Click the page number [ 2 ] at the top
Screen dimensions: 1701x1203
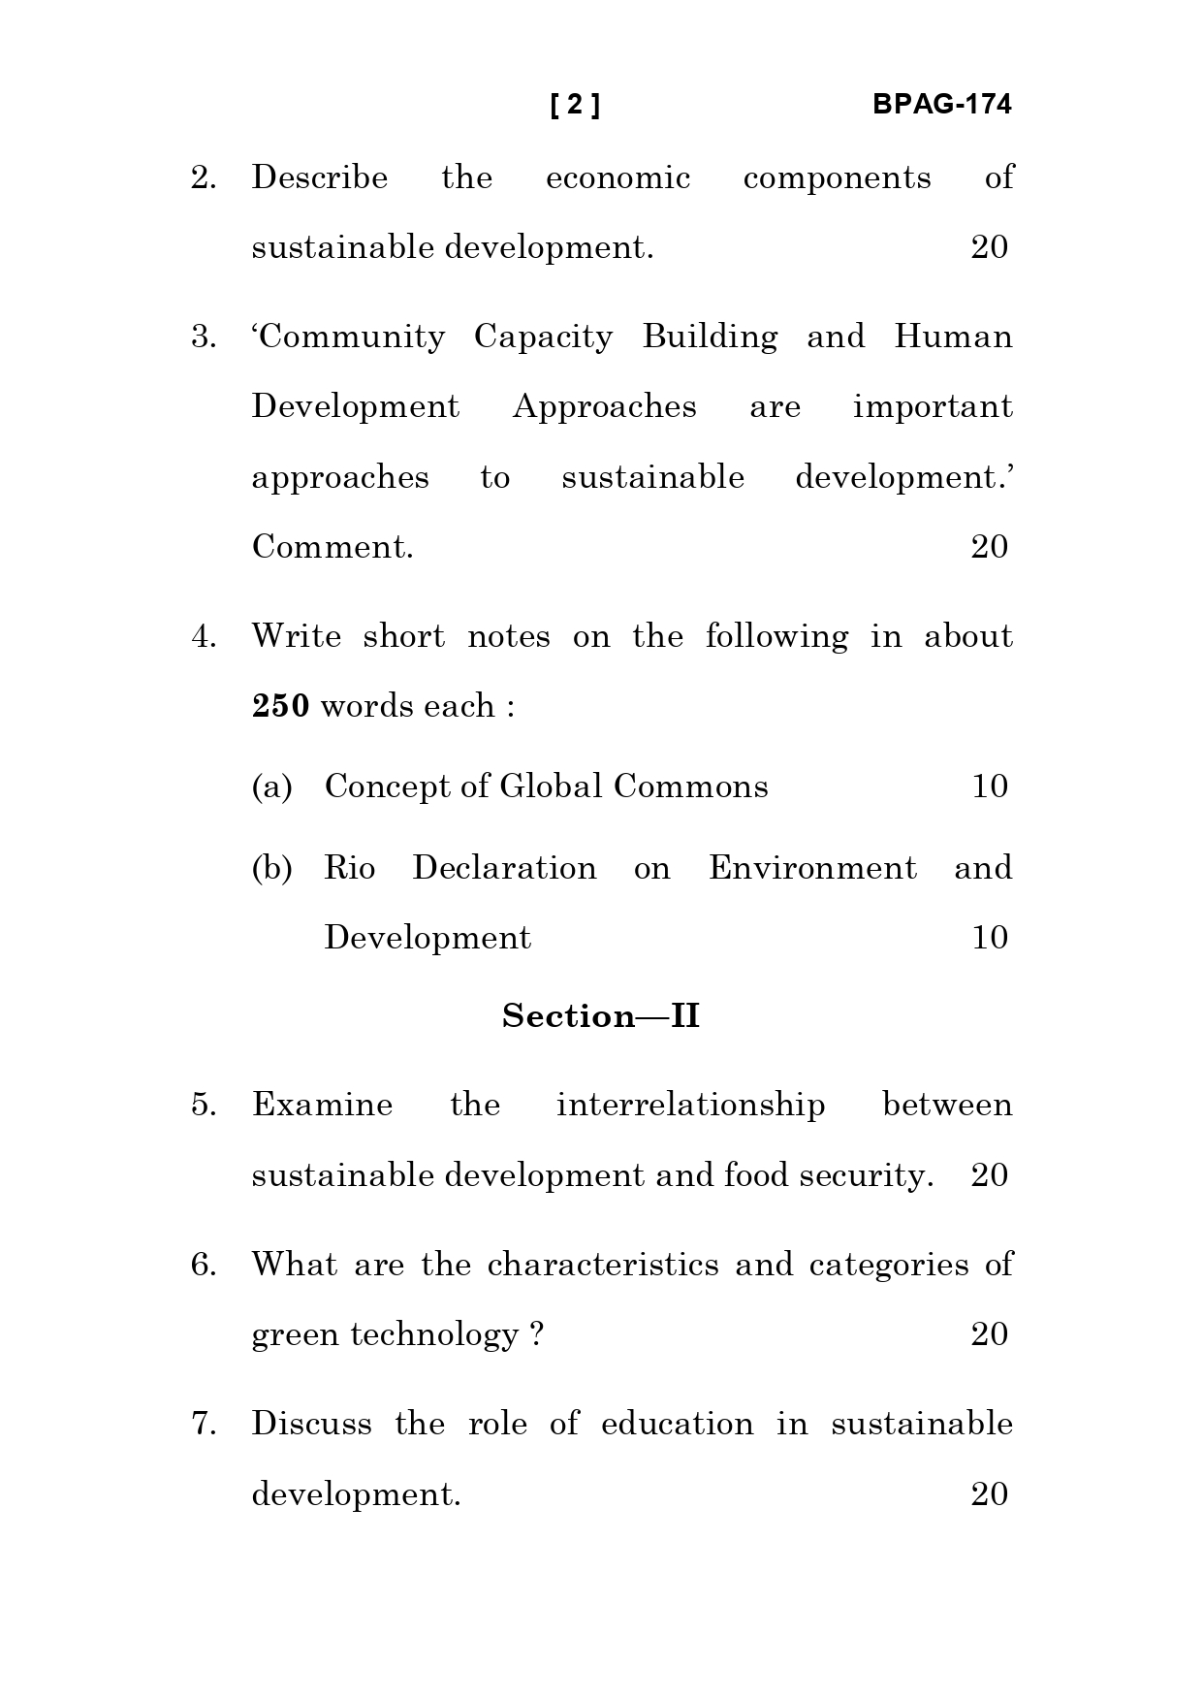coord(575,105)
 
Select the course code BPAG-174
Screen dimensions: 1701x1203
coord(941,105)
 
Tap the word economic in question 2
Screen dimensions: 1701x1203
coord(617,178)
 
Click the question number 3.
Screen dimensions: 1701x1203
coord(203,337)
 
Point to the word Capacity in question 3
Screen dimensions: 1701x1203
coord(543,337)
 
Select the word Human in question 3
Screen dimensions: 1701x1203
coord(953,337)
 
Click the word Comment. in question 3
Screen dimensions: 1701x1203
coord(332,548)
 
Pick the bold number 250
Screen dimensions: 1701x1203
coord(280,707)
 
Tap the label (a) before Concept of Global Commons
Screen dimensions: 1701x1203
coord(271,786)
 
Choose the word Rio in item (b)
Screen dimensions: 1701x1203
coord(349,868)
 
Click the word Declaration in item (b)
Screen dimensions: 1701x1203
coord(504,868)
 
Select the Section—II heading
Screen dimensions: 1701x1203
coord(601,1016)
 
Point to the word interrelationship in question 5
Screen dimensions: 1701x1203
coord(690,1106)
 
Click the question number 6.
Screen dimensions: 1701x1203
coord(203,1266)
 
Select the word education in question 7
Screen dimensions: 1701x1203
coord(677,1425)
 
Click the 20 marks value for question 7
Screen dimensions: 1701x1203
coord(990,1494)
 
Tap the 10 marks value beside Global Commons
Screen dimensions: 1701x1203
coord(990,786)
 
